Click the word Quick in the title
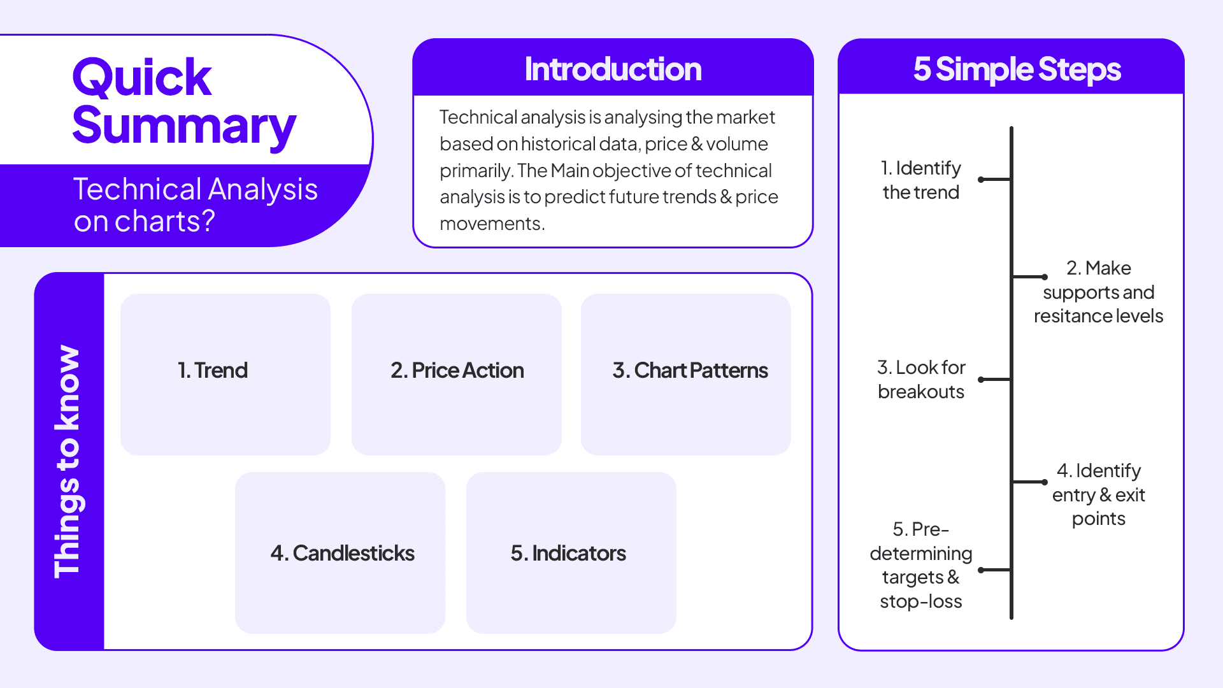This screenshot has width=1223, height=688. click(141, 78)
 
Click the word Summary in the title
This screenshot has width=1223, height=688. click(183, 126)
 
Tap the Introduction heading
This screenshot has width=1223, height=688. click(613, 69)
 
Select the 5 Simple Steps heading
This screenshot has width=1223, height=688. click(1017, 69)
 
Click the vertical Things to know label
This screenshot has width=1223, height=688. click(68, 461)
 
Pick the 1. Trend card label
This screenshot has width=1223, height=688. click(212, 370)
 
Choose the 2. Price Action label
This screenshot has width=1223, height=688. click(457, 370)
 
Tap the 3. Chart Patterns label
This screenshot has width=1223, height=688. click(690, 370)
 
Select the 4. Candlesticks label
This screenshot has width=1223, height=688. click(342, 553)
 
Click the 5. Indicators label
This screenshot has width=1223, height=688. click(568, 553)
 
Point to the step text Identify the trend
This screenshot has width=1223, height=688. click(920, 180)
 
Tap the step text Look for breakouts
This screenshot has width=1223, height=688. click(920, 379)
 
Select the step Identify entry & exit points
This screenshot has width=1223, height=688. click(1098, 494)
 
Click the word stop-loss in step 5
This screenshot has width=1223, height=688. click(920, 601)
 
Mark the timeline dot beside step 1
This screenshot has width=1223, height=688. click(981, 180)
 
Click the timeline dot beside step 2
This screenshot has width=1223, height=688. click(1045, 277)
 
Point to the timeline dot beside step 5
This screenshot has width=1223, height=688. click(981, 570)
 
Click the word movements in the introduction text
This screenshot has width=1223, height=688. click(491, 224)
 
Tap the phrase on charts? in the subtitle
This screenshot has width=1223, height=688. click(144, 222)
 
